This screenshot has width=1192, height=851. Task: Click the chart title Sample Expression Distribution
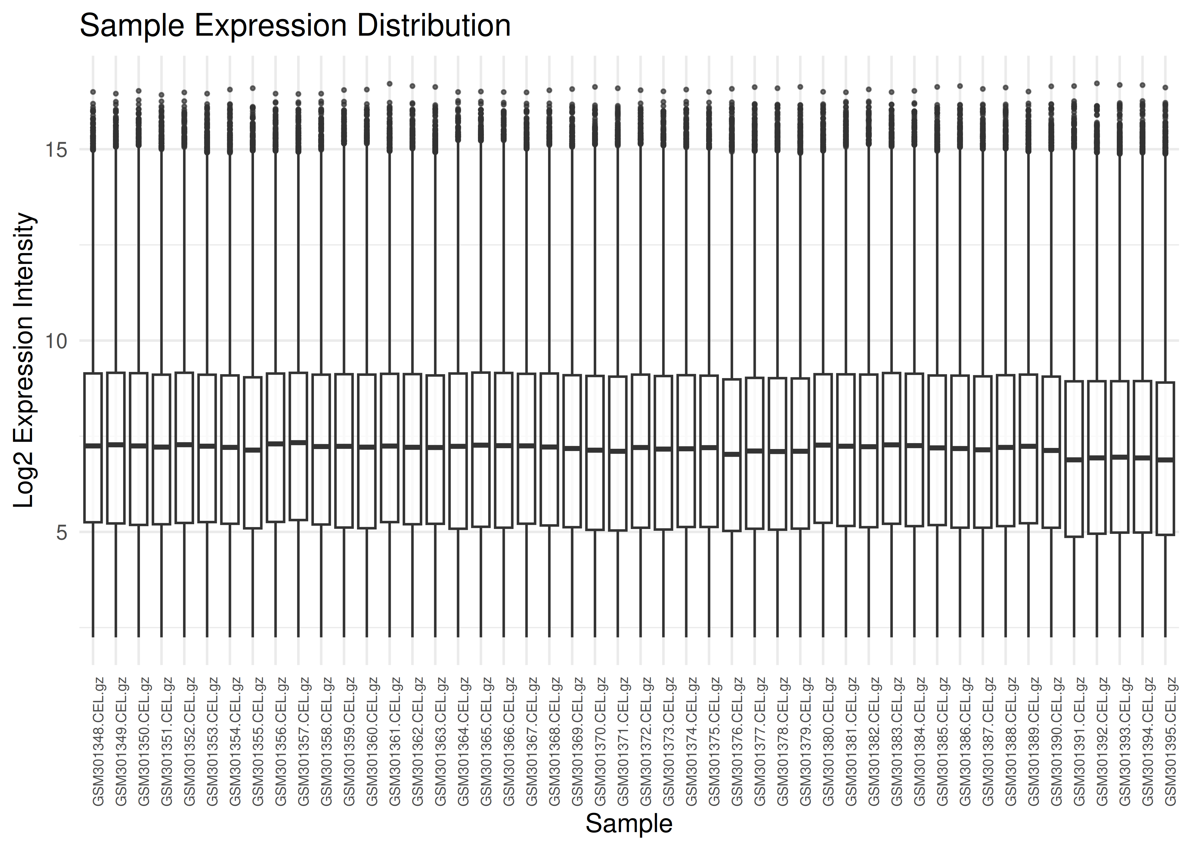(295, 26)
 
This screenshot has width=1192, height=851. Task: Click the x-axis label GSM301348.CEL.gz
(98, 742)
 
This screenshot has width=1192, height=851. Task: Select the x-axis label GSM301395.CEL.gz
(1170, 742)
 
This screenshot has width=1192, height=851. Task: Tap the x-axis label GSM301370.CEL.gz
(600, 742)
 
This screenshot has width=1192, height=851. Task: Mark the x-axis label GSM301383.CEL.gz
(897, 742)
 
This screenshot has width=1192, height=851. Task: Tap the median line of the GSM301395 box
(1165, 460)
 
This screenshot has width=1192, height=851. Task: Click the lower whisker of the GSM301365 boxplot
(481, 582)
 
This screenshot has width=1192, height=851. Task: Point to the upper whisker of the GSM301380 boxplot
(823, 262)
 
